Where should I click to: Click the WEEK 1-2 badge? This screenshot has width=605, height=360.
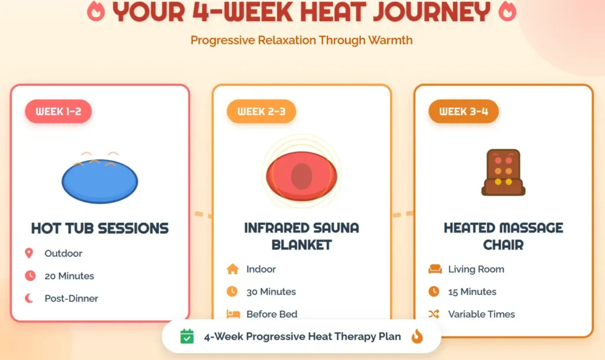coord(58,111)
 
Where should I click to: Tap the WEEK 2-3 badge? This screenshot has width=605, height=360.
coord(261,111)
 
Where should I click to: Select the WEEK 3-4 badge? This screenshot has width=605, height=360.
coord(463,111)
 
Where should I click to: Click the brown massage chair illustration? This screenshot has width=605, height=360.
coord(503,172)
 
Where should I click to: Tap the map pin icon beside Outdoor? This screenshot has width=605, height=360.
coord(29,254)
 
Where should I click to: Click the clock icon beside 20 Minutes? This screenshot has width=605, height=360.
coord(30,276)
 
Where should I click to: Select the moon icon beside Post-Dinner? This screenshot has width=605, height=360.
coord(30,299)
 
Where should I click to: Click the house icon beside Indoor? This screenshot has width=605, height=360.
coord(232,269)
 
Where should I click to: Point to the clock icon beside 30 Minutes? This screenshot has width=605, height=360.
coord(232,291)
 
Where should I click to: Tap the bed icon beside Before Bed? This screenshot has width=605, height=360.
coord(232,314)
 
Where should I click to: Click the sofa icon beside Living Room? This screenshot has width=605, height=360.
coord(434,269)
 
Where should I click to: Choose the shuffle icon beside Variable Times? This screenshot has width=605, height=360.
coord(434,314)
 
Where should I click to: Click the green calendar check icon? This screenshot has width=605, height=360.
coord(187,336)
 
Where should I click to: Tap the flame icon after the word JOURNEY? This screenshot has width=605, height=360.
coord(507,11)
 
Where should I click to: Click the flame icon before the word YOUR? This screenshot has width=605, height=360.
coord(96,11)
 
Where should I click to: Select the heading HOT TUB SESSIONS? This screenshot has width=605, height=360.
coord(100,228)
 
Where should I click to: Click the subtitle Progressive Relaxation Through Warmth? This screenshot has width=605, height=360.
coord(301,40)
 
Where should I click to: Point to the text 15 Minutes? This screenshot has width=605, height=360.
coord(472,291)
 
